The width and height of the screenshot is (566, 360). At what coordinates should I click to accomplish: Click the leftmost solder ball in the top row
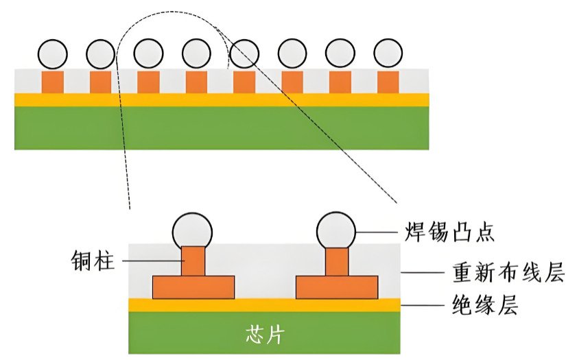click(x=53, y=53)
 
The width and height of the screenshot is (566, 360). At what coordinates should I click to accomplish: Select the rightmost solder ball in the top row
click(x=388, y=53)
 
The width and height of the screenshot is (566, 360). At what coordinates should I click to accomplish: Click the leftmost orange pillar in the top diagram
click(x=53, y=82)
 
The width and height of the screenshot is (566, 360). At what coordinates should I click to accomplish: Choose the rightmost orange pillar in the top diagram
click(x=388, y=82)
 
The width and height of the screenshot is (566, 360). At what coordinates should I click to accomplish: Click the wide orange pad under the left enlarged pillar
click(x=193, y=287)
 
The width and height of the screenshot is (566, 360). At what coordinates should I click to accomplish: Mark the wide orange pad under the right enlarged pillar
click(x=336, y=287)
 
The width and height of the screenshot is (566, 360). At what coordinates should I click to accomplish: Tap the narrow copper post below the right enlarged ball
click(x=336, y=261)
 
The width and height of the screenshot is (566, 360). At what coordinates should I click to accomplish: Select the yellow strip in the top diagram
click(x=222, y=99)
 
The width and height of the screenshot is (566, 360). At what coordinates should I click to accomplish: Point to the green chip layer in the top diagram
click(x=222, y=128)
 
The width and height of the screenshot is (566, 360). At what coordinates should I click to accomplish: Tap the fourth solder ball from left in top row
click(x=197, y=53)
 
